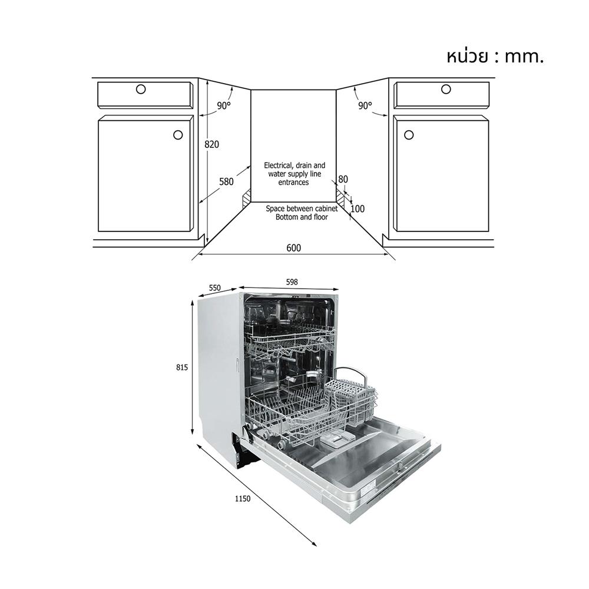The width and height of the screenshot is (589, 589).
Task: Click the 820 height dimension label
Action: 212,144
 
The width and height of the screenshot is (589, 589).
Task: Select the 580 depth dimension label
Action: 226,182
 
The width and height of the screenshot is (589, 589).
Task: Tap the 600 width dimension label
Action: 293,248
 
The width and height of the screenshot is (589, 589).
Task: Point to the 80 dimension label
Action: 343,180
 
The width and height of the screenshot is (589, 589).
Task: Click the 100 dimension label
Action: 358,209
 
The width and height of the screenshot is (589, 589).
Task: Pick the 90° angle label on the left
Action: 224,106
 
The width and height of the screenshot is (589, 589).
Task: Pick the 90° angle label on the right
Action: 365,106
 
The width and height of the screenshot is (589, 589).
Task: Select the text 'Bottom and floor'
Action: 302,217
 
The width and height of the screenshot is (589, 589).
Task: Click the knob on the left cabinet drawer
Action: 140,89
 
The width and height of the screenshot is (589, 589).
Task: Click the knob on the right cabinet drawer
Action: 446,89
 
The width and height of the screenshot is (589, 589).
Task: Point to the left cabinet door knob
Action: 178,135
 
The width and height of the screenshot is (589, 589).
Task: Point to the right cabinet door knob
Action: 409,135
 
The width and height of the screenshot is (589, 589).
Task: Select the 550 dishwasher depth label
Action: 214,288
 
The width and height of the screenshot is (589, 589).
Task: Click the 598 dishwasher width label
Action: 292,282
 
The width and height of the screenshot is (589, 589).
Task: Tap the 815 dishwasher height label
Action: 181,367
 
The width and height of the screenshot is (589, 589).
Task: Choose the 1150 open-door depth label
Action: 241,499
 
